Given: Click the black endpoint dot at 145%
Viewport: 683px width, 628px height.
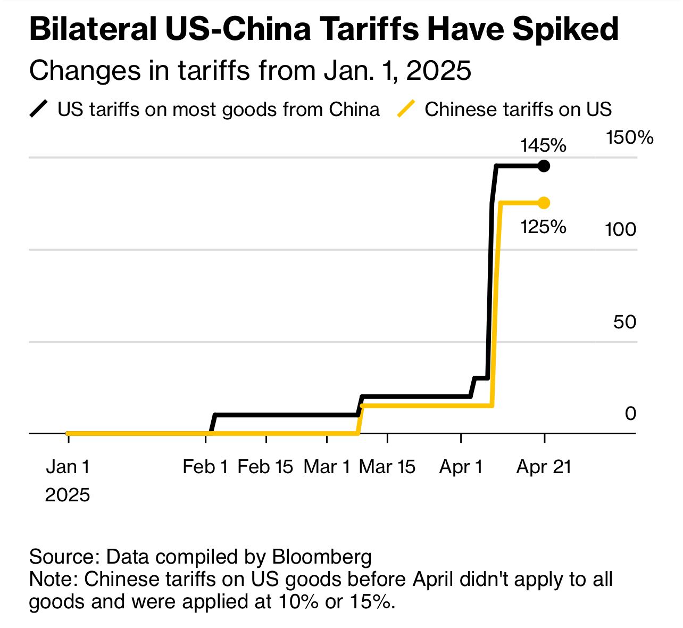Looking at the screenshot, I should click(544, 166).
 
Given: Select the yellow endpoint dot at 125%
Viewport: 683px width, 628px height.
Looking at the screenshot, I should click(544, 203).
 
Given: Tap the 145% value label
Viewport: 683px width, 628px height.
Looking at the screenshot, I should click(543, 145).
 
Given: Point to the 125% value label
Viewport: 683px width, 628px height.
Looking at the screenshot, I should click(543, 227).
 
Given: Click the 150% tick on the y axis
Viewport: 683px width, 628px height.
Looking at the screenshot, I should click(629, 138).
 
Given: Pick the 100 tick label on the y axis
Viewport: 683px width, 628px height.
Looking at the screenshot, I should click(620, 230).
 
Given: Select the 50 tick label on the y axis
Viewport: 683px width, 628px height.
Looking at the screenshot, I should click(624, 322).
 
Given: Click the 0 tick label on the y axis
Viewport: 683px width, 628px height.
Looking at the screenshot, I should click(630, 414).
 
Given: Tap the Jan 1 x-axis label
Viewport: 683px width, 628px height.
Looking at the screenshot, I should click(68, 467).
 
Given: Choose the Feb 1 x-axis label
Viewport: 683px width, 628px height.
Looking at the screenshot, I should click(205, 467).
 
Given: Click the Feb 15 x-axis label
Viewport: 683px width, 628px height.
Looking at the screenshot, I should click(265, 467).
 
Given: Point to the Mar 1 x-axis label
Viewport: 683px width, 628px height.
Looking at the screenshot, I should click(327, 467).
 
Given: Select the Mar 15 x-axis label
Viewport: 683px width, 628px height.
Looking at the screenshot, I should click(387, 467).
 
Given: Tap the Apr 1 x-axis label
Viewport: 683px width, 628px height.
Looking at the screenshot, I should click(461, 467).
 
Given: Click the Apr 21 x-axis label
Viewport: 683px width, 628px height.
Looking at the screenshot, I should click(544, 467).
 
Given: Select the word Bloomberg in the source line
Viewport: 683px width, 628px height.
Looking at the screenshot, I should click(322, 557).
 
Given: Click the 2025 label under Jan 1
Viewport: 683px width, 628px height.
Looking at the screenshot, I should click(68, 495).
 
